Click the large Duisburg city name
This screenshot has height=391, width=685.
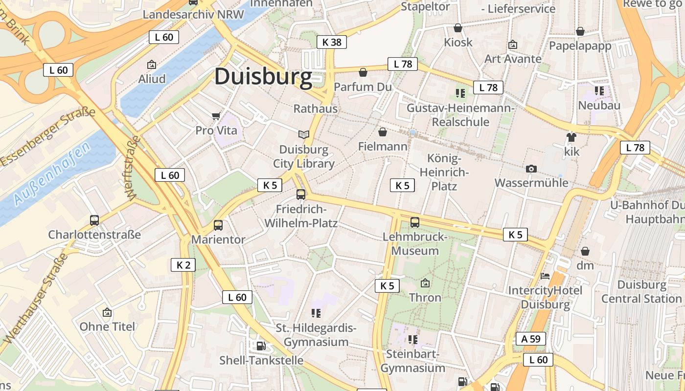(263, 77)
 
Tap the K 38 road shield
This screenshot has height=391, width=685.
(331, 42)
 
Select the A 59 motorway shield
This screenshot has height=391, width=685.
(530, 339)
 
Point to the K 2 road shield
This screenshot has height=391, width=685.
(183, 265)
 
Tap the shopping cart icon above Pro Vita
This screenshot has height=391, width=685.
(216, 116)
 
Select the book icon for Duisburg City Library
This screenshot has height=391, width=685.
(304, 134)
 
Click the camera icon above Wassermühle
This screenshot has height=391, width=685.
(531, 169)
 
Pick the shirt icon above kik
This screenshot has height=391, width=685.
(571, 137)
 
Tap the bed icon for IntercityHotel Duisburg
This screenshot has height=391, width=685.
(545, 276)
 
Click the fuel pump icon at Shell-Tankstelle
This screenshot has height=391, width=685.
(261, 346)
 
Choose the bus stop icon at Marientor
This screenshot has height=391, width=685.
(218, 225)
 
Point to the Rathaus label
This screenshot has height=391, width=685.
(316, 109)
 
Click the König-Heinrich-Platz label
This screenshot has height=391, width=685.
(444, 172)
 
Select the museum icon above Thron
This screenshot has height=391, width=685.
(425, 283)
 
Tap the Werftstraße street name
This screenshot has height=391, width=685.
(133, 168)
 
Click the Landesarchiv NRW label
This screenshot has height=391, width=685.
(193, 14)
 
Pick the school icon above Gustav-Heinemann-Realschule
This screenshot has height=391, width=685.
(460, 93)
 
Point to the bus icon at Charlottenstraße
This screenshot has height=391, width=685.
(94, 220)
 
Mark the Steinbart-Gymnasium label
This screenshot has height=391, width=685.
(413, 361)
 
